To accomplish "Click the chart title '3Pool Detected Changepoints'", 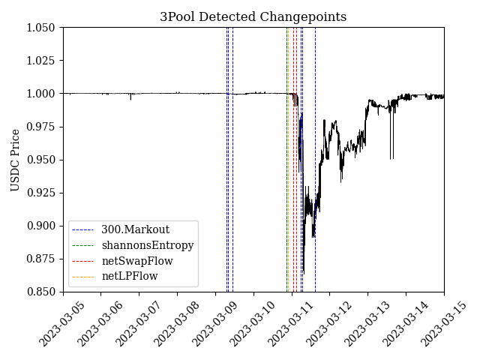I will click(x=253, y=16).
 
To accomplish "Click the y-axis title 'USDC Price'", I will click(x=15, y=160).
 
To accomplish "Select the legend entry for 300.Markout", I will click(x=135, y=229).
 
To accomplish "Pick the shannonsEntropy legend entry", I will click(x=147, y=245).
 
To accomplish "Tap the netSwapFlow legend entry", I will click(x=136, y=261).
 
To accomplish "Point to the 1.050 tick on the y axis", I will click(x=43, y=28).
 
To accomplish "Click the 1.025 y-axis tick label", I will click(x=43, y=61).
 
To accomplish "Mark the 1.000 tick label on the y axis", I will click(x=43, y=94).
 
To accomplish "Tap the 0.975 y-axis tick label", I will click(x=43, y=127).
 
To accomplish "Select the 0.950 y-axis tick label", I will click(x=43, y=160).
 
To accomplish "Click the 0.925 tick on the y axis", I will click(x=43, y=193).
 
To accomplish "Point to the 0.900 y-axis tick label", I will click(x=43, y=226).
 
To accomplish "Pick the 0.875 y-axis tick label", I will click(x=43, y=259).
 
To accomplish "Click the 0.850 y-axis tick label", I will click(x=43, y=292).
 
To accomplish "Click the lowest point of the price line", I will click(x=303, y=272).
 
